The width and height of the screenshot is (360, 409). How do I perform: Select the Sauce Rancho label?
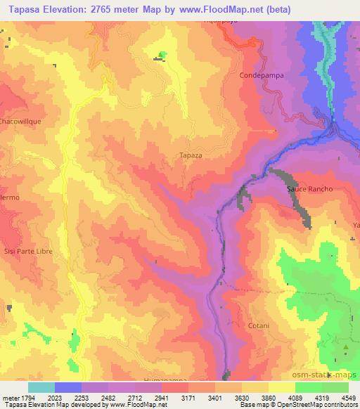click(309, 190)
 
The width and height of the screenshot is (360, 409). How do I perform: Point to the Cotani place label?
click(259, 326)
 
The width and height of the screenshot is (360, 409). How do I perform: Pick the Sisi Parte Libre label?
click(29, 251)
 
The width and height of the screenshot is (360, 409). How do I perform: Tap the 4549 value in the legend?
click(349, 398)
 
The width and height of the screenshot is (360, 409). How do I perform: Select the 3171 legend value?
click(188, 398)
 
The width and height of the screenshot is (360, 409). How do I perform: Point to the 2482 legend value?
click(109, 398)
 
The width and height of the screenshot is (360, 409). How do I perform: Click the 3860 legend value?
click(269, 398)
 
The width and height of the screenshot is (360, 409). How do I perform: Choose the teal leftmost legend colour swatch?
click(41, 387)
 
